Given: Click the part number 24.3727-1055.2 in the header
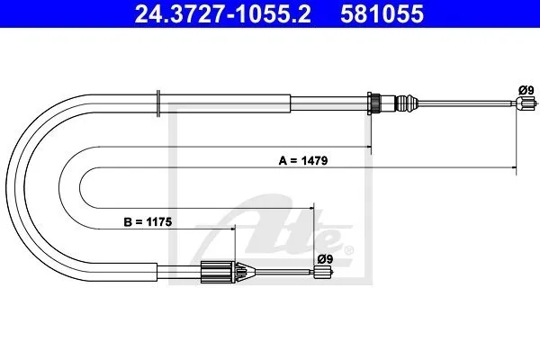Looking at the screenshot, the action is pos(222,13).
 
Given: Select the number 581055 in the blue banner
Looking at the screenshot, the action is pos(382,13).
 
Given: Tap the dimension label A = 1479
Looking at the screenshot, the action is pos(303,160).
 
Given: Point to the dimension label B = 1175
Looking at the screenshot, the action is pos(148,222).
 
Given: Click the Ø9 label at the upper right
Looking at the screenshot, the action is pos(526,90).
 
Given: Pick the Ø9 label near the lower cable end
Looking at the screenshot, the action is pos(325,259).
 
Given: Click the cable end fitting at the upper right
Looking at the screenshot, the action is pos(526,103).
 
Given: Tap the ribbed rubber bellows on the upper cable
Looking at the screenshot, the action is pos(407,103).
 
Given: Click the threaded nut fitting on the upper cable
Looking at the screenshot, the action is pos(374,103).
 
